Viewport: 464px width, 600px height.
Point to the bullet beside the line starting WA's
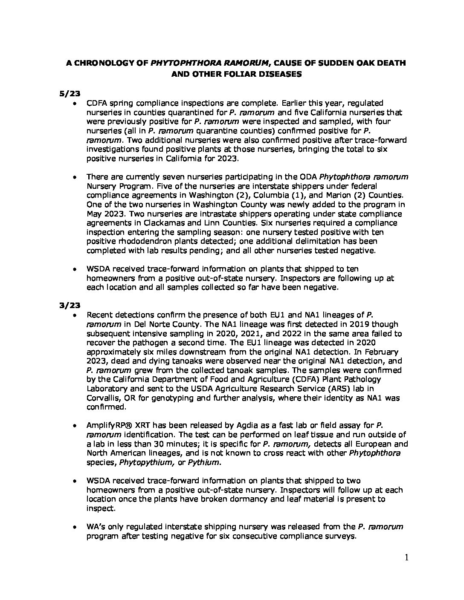pos(75,527)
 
